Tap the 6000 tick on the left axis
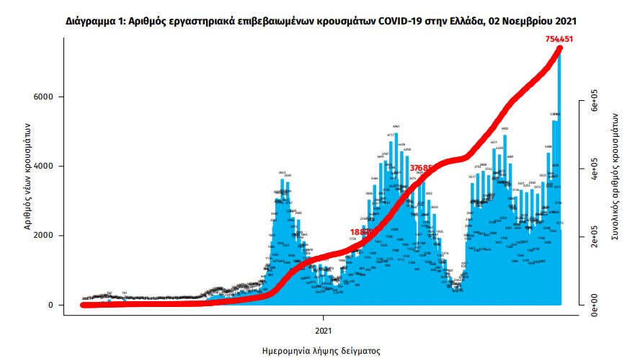click(45, 97)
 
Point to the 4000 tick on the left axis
click(45, 166)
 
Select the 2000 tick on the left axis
click(45, 236)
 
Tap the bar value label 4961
click(396, 126)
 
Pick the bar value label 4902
click(505, 129)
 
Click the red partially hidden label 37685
click(421, 168)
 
